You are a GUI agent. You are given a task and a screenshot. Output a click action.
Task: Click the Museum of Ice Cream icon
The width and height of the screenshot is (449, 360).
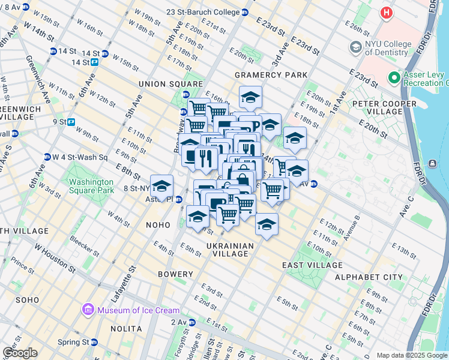pyautogui.click(x=88, y=310)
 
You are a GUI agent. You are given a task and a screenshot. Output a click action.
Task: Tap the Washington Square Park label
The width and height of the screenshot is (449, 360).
pyautogui.click(x=91, y=186)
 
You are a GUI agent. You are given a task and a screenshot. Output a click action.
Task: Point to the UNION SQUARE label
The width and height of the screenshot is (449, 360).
pyautogui.click(x=163, y=83)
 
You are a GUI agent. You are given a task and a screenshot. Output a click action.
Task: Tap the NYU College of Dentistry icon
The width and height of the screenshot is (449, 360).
pyautogui.click(x=355, y=47)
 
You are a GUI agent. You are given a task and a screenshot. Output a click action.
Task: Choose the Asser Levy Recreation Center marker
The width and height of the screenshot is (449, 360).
pyautogui.click(x=394, y=77)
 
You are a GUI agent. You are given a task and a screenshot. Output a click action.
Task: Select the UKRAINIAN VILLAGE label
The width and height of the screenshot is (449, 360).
pyautogui.click(x=231, y=250)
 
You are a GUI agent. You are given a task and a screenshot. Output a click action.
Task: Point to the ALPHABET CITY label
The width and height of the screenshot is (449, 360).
pyautogui.click(x=369, y=277)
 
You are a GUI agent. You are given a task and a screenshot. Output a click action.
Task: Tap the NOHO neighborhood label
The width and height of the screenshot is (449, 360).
pyautogui.click(x=158, y=224)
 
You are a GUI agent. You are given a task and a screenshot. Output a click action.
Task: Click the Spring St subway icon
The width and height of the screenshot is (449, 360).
pyautogui.click(x=95, y=342)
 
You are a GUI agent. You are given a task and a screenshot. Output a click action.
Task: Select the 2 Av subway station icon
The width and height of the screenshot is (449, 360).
pyautogui.click(x=191, y=322)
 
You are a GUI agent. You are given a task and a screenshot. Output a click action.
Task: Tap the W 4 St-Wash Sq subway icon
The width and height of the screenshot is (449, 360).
pyautogui.click(x=46, y=157)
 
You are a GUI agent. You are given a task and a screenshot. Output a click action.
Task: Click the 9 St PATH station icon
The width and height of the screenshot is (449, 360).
pyautogui.click(x=71, y=122)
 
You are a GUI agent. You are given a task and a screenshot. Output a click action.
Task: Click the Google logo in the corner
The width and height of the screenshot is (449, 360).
pyautogui.click(x=20, y=353)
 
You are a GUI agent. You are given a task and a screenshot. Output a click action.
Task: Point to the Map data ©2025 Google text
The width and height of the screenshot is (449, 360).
pyautogui.click(x=412, y=355)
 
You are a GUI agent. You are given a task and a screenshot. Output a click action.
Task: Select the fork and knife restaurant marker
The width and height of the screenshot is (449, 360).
pyautogui.click(x=206, y=158)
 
